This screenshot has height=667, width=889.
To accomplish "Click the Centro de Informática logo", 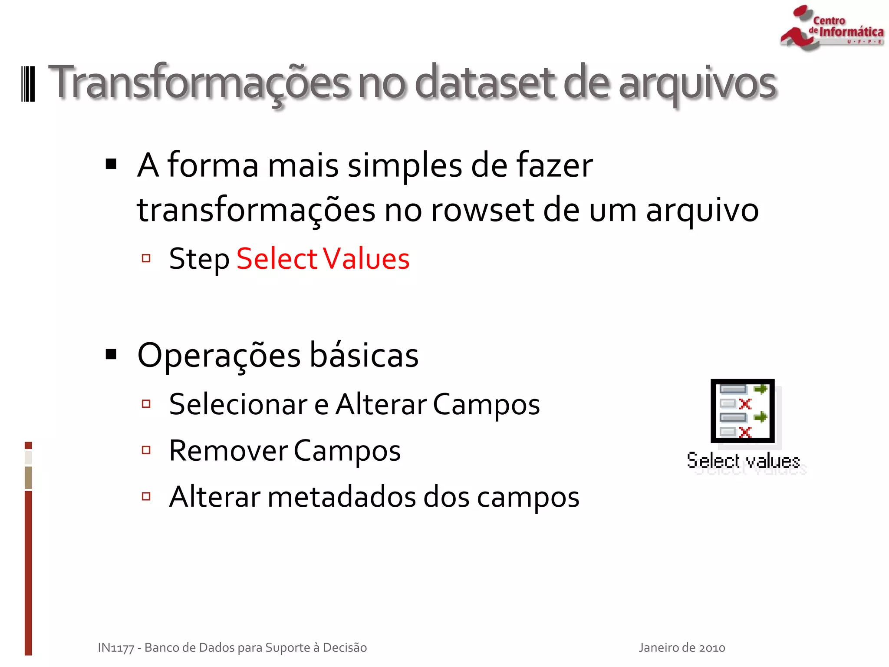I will click(831, 28).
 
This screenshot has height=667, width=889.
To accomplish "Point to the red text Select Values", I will click(323, 259).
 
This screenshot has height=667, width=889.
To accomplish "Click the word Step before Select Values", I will click(199, 259).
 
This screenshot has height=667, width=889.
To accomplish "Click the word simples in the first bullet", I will click(405, 166).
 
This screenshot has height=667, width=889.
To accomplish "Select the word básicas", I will click(364, 355).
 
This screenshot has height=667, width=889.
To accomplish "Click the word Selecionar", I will click(238, 404).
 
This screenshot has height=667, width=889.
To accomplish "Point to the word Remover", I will click(228, 451).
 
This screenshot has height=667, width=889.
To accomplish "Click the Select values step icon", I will click(743, 411).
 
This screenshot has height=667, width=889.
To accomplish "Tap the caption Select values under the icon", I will click(743, 461).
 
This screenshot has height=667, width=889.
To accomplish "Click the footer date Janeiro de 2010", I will click(682, 647).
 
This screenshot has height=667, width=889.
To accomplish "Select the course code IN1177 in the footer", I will click(116, 648).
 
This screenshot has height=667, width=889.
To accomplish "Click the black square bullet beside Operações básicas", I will click(112, 354).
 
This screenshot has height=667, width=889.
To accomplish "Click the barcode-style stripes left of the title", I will click(28, 84).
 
